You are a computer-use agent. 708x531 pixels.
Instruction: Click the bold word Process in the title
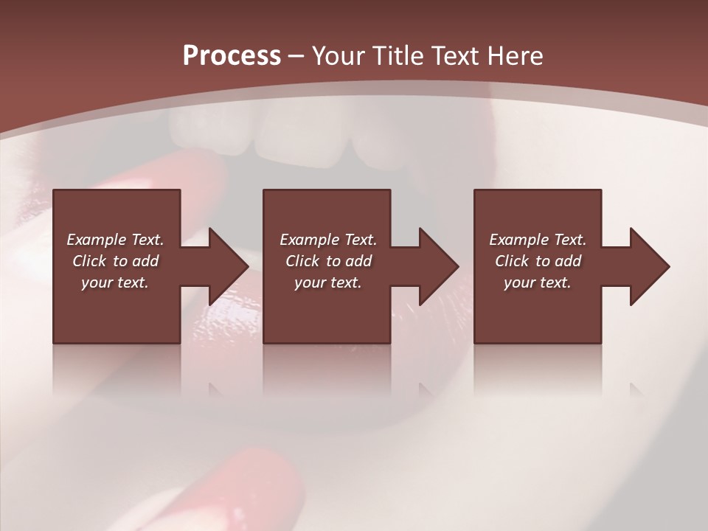[x=232, y=56]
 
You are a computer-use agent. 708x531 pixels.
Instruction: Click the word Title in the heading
[x=398, y=56]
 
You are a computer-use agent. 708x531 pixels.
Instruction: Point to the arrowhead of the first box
[x=229, y=267]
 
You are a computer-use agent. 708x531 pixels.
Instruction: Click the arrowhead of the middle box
[x=439, y=267]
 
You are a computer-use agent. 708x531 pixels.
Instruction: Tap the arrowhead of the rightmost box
[x=650, y=267]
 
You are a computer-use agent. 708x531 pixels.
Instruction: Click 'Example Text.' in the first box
[x=115, y=240]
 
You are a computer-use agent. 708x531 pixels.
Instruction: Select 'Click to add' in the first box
[x=115, y=261]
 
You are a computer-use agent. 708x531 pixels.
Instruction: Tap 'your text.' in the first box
[x=115, y=282]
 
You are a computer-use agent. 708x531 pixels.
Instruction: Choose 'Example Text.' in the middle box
[x=328, y=240]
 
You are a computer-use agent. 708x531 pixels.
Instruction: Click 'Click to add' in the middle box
[x=328, y=261]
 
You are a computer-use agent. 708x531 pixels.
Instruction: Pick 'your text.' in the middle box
[x=328, y=282]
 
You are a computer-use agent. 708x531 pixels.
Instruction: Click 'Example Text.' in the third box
[x=538, y=240]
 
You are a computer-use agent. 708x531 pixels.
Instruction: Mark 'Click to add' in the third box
[x=538, y=261]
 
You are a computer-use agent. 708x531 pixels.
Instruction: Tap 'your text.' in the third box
[x=538, y=282]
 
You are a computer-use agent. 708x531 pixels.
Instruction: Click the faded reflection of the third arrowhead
[x=635, y=388]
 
